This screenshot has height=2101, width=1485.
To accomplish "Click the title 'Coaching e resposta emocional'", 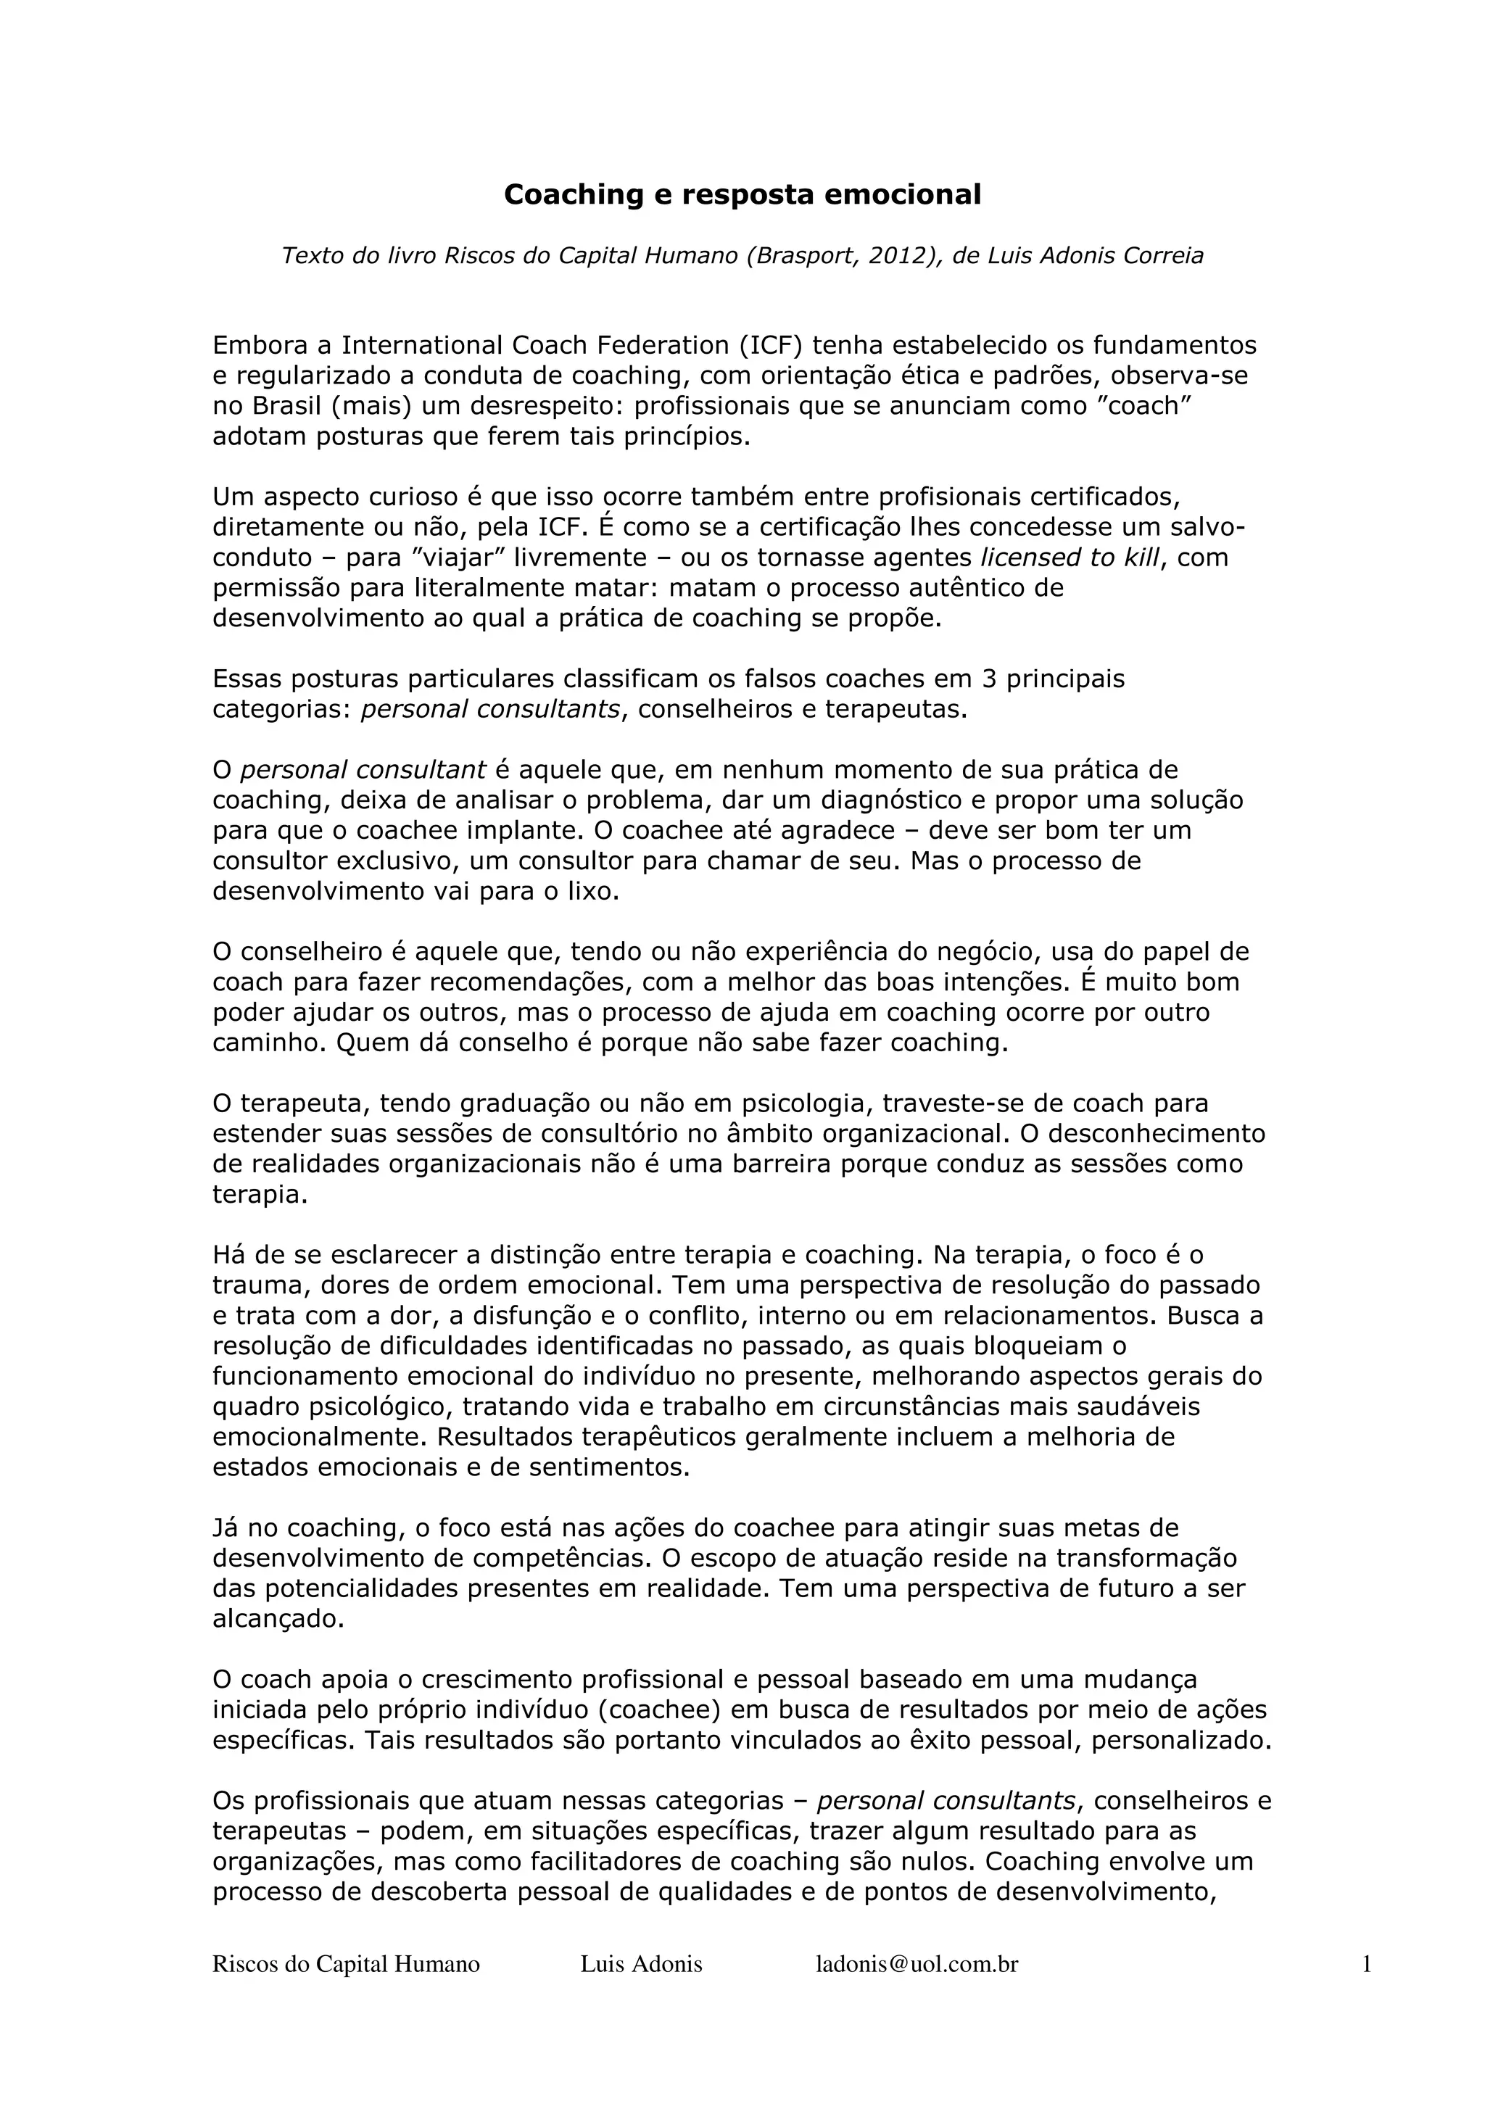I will click(x=742, y=195).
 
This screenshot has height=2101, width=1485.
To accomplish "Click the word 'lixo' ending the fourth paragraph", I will click(x=593, y=891).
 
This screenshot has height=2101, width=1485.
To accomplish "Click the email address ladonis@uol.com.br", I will click(x=917, y=1965).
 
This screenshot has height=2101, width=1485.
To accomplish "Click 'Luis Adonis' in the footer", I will click(x=642, y=1965).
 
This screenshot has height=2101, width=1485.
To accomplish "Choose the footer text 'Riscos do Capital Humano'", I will click(x=346, y=1965).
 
